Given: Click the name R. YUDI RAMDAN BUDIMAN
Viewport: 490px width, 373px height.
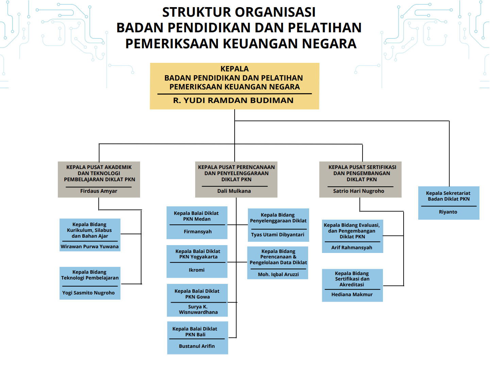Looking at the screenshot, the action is [x=233, y=100].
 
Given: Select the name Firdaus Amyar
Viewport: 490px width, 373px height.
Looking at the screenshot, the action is [x=99, y=191].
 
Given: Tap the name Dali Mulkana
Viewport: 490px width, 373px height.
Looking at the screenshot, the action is [x=234, y=191].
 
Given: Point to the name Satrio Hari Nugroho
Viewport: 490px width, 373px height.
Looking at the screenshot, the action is [x=359, y=191].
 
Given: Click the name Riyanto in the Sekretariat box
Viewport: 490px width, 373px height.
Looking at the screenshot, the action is [x=448, y=212].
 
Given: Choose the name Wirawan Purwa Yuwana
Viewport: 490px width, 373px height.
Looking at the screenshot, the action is [x=90, y=247].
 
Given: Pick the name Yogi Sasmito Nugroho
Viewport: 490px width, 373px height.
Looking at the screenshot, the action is [x=88, y=293].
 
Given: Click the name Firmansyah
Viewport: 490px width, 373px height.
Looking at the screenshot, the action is [x=198, y=232].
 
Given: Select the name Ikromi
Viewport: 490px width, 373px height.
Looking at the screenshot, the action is [x=197, y=270].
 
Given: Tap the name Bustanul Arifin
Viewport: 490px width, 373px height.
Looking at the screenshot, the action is [x=197, y=346].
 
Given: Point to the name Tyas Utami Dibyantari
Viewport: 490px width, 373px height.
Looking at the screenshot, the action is [x=278, y=235].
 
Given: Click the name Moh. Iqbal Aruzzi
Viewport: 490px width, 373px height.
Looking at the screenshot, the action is [x=278, y=274].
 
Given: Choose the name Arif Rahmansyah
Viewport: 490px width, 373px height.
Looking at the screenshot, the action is [x=352, y=248].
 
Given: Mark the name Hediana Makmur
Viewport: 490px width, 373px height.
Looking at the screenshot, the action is [x=352, y=295].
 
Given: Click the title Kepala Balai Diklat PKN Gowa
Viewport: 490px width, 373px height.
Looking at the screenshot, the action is [x=197, y=294].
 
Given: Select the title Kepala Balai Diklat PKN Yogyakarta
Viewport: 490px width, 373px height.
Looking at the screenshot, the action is [x=198, y=254].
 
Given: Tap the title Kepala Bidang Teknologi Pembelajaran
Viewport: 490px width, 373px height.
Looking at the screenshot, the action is [x=90, y=275].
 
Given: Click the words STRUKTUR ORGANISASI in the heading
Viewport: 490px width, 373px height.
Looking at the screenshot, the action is [x=239, y=12].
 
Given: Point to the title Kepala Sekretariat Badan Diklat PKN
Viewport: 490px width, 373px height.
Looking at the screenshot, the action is [x=449, y=196].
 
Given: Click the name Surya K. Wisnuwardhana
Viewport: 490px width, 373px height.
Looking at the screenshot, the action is [x=198, y=310].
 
